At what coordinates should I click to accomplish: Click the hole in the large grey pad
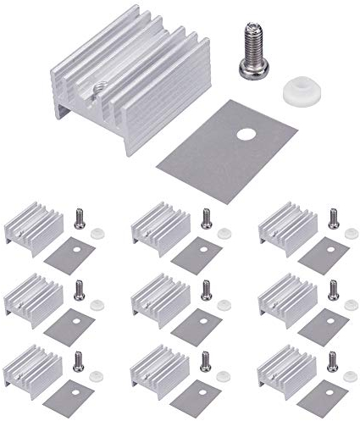coord(246,133)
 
